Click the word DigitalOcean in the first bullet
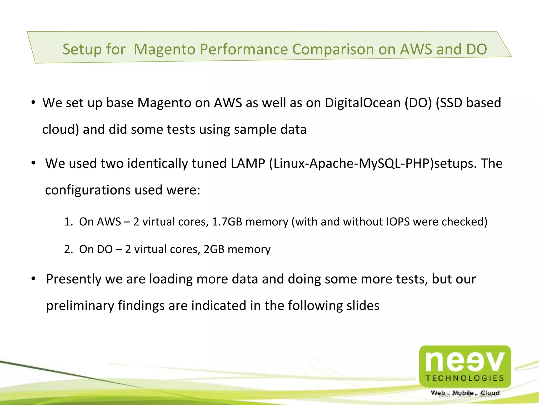tap(363, 103)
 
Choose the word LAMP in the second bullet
tap(248, 163)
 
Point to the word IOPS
tap(398, 222)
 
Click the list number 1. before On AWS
tap(68, 222)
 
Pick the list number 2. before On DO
tap(68, 249)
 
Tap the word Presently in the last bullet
tap(73, 279)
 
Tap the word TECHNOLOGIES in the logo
tap(465, 378)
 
